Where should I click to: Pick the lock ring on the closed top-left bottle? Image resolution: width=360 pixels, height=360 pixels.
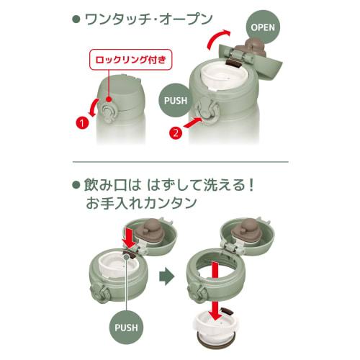[x=108, y=112]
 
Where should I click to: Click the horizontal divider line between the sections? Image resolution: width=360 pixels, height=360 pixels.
[x=180, y=162]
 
